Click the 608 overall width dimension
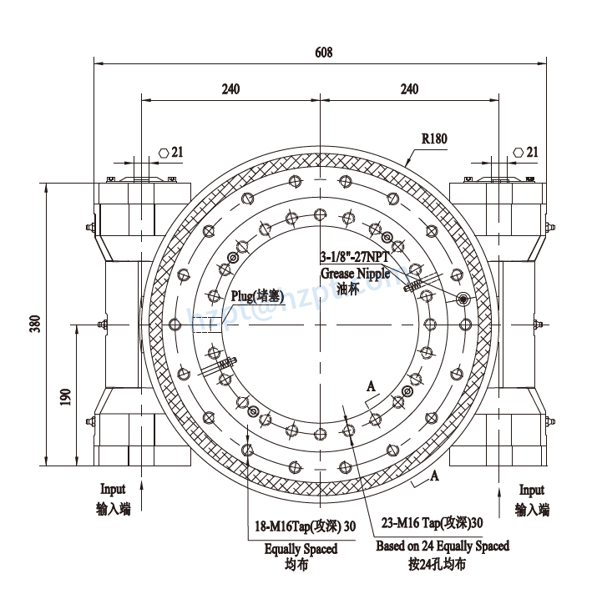pos(323,52)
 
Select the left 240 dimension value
pos(231,89)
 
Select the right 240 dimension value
pos(409,89)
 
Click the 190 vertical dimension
pos(65,396)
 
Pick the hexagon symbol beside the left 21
pos(164,153)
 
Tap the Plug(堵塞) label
pos(258,296)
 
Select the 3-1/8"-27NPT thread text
pos(355,258)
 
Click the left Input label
pos(113,490)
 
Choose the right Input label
pos(532,491)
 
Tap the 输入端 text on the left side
pos(113,509)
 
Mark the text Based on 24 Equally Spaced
pos(442,546)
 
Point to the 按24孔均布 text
pos(438,564)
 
